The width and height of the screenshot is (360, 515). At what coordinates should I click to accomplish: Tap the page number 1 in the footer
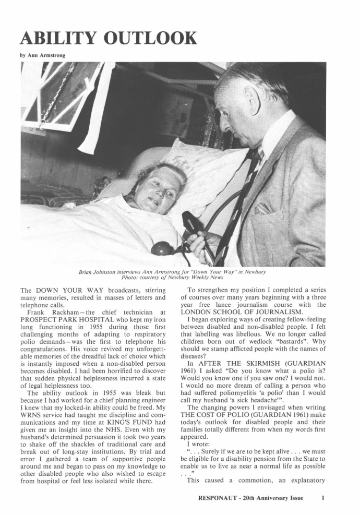pyautogui.click(x=323, y=498)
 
